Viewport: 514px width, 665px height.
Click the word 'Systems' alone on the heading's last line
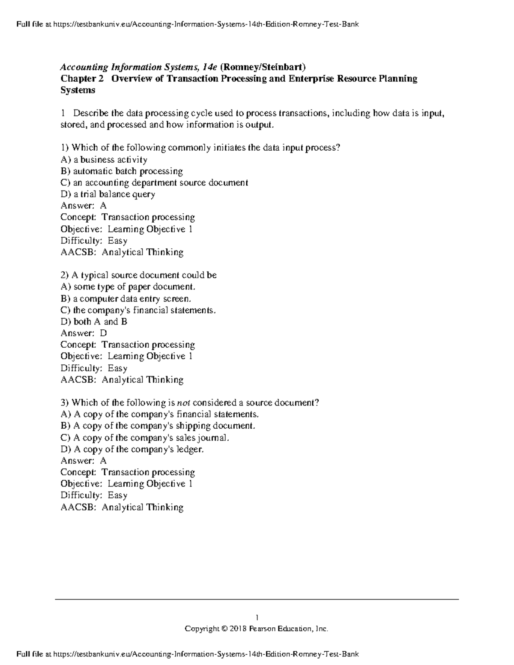(x=78, y=90)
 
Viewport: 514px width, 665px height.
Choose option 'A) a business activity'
(x=104, y=160)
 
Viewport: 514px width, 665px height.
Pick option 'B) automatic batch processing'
(x=122, y=171)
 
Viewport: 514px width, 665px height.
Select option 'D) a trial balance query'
(x=108, y=194)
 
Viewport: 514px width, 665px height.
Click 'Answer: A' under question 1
(x=84, y=206)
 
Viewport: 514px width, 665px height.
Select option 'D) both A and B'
(x=94, y=322)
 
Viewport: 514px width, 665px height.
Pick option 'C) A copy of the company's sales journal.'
(x=145, y=438)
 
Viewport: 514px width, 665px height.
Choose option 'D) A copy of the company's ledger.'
(x=132, y=449)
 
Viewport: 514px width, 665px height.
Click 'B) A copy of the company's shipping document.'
(x=158, y=426)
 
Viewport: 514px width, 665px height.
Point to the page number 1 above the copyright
(x=257, y=617)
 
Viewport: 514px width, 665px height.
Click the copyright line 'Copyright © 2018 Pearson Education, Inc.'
(x=256, y=629)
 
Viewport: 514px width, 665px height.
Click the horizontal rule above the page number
(x=257, y=599)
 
